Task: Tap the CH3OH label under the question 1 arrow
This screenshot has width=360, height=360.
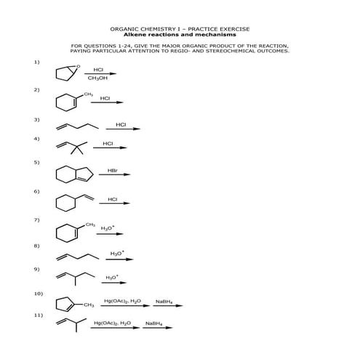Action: (97, 79)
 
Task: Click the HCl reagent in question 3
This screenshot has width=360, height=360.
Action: (121, 124)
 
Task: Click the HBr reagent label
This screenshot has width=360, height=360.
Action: (113, 170)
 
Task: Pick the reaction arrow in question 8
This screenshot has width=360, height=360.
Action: (119, 259)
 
